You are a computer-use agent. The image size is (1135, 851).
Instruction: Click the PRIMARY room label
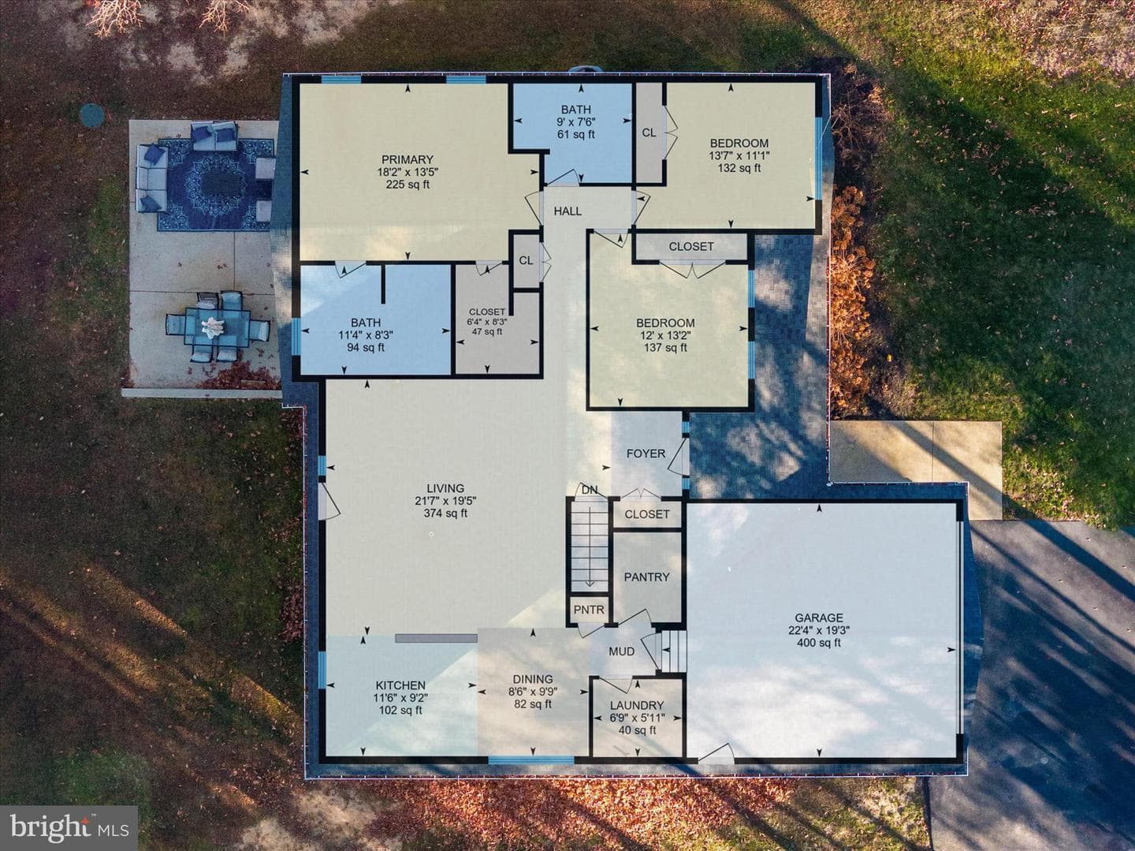407,159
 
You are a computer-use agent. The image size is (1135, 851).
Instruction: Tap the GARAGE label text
819,618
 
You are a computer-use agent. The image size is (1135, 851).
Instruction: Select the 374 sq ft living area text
445,513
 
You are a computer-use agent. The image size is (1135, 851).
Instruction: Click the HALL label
567,211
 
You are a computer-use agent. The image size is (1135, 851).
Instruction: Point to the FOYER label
646,453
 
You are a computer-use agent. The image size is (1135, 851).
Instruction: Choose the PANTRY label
647,577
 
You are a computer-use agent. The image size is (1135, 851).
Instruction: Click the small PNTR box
589,610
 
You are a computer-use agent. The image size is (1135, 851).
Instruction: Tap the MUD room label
622,651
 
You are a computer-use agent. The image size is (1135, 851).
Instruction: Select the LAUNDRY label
637,705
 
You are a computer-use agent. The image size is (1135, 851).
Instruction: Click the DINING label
533,679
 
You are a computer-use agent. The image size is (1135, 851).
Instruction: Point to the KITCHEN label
400,685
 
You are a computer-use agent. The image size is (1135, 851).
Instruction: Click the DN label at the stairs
590,490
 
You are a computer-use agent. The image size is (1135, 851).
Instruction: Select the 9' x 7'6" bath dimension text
575,122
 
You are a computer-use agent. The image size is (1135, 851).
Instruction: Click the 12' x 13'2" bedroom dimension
665,335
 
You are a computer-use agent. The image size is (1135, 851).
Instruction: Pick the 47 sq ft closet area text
487,331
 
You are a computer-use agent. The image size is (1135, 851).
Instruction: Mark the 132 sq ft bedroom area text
739,168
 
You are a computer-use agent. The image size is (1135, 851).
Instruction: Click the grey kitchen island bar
436,638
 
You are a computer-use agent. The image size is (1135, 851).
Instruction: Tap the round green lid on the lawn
91,114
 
